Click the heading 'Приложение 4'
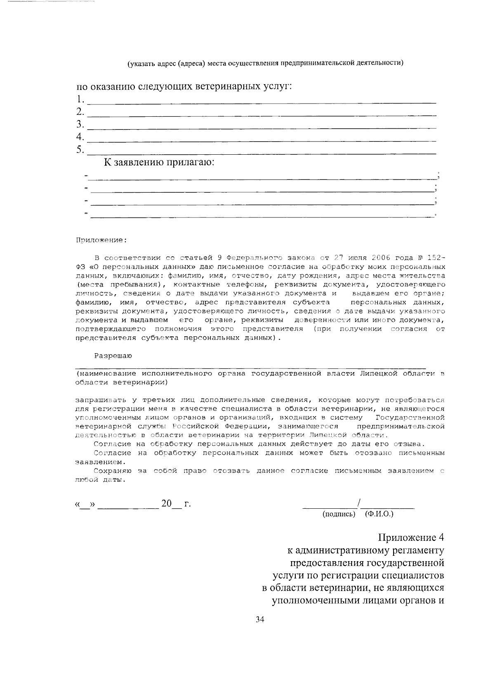[x=411, y=538]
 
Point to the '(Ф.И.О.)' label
[x=379, y=514]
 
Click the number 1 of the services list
[x=80, y=99]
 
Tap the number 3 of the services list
[x=80, y=124]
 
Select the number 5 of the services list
[x=80, y=149]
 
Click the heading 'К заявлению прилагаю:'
[x=159, y=162]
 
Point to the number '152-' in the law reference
[x=436, y=258]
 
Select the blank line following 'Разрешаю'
[x=250, y=366]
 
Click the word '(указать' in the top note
[x=140, y=63]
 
